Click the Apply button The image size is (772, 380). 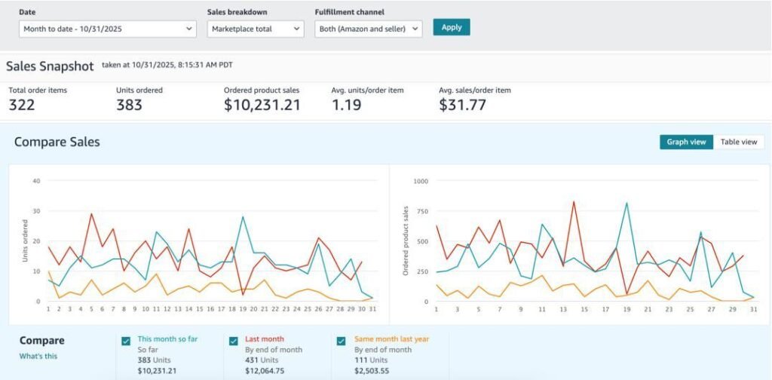coord(452,27)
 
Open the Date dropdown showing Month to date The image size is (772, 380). coord(108,29)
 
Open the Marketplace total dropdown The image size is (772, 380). coord(256,29)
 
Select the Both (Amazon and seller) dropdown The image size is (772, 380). coord(368,29)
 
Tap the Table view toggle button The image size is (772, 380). coord(738,142)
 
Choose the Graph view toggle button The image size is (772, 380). coord(686,142)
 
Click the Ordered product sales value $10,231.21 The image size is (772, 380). coord(262,106)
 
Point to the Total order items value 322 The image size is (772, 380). coord(22,106)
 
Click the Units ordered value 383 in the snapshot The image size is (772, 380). coord(129,106)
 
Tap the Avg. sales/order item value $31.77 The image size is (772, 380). coord(462,106)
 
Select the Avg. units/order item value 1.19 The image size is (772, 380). coord(347,106)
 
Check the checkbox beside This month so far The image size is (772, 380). coord(126,341)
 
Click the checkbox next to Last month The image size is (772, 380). coord(234,341)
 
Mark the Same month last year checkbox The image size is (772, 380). coord(342,341)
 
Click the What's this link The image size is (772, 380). coord(38,356)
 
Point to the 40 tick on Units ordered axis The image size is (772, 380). coord(35,181)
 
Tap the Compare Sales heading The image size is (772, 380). coord(57,142)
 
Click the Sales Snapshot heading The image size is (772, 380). coord(50,66)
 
